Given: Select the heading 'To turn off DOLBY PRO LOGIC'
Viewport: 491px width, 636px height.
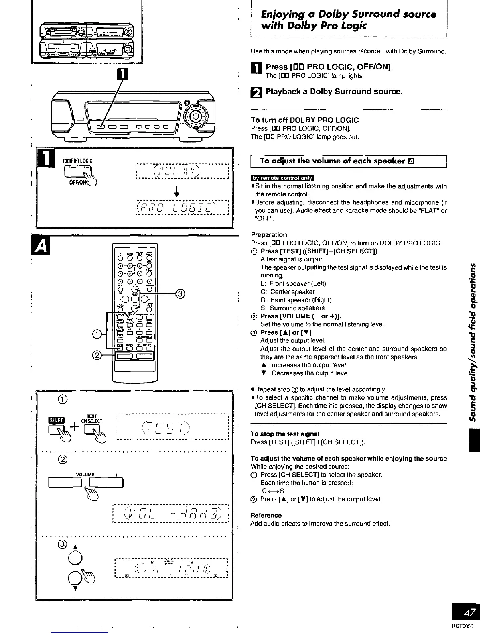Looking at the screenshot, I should [304, 120].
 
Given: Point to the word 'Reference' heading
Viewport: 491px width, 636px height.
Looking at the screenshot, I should [266, 515].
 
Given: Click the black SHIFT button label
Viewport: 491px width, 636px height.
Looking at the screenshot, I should [54, 420].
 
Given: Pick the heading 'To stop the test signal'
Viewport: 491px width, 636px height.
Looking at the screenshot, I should [284, 434].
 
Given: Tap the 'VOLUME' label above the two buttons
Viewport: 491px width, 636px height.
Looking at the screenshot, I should [85, 474].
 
